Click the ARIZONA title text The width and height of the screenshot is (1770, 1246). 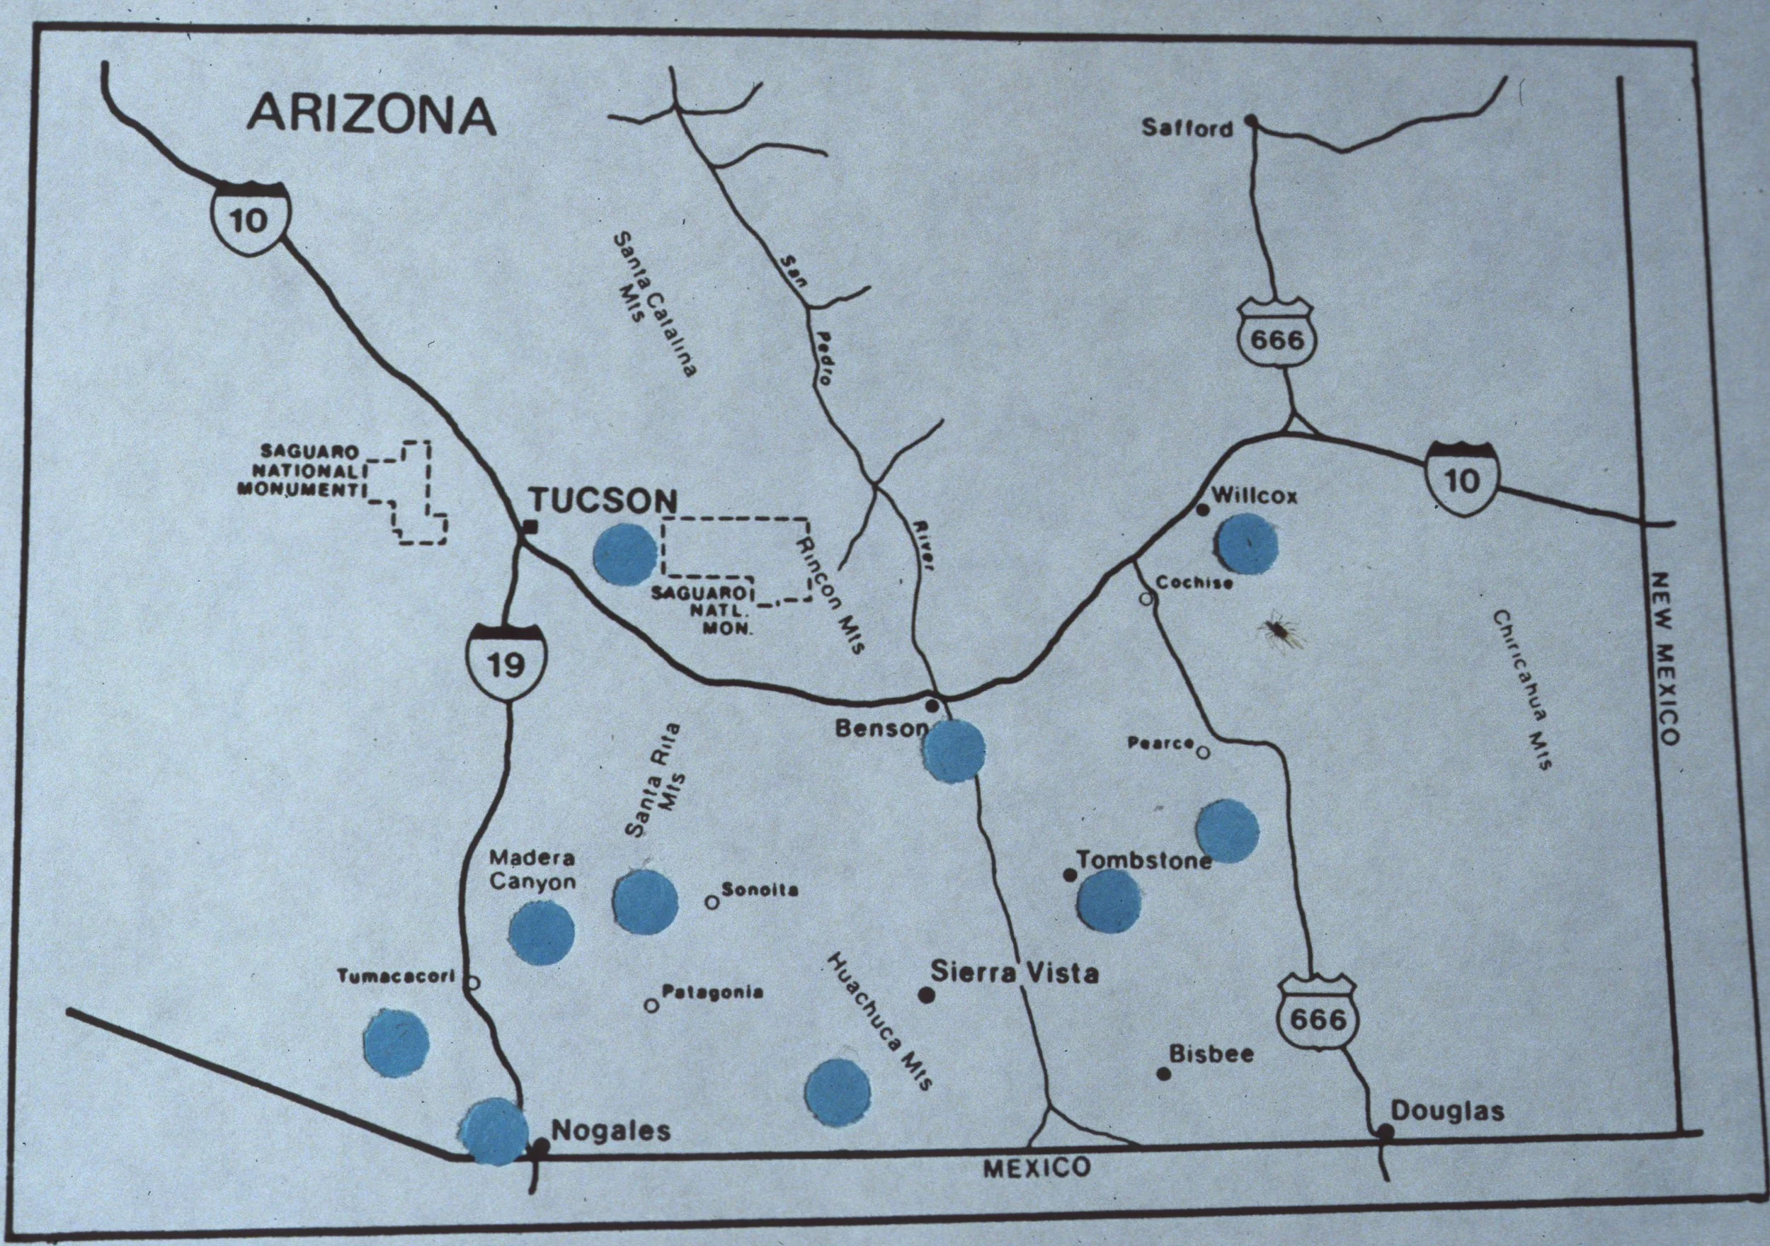pyautogui.click(x=371, y=115)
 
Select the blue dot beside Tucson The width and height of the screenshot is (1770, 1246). pyautogui.click(x=625, y=554)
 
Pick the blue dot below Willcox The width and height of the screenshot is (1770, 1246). pyautogui.click(x=1246, y=544)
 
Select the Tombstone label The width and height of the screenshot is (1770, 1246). pyautogui.click(x=1143, y=859)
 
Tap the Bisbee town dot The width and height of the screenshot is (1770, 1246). pyautogui.click(x=1163, y=1073)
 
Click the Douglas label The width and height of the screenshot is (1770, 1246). pyautogui.click(x=1447, y=1111)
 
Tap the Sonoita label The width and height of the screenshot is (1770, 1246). pyautogui.click(x=760, y=890)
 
